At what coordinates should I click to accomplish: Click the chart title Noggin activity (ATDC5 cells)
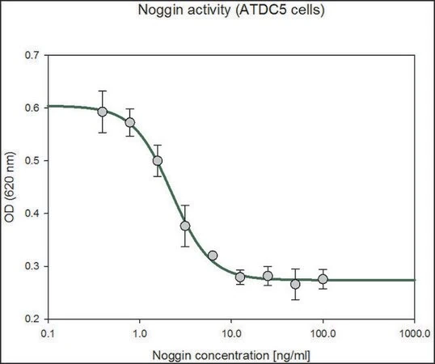tap(231, 10)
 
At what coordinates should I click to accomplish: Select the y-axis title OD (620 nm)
tap(10, 187)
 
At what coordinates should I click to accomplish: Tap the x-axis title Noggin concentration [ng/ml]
tap(231, 355)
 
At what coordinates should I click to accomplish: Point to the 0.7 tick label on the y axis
tap(32, 55)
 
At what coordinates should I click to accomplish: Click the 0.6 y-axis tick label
tap(32, 108)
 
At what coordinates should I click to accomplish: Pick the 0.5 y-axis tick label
tap(32, 161)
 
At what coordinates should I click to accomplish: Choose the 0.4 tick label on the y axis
tap(32, 214)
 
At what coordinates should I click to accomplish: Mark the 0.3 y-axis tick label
tap(32, 266)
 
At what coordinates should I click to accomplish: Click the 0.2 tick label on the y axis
tap(32, 319)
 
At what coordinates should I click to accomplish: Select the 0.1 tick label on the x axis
tap(49, 333)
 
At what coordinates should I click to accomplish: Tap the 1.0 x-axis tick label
tap(140, 333)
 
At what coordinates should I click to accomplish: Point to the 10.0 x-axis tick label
tap(231, 333)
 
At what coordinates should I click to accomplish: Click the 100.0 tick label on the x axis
tap(323, 333)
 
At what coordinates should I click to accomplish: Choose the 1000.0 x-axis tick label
tap(415, 333)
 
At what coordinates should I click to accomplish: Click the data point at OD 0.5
tap(158, 161)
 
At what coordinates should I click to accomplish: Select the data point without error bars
tap(213, 256)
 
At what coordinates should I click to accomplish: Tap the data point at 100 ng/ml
tap(323, 279)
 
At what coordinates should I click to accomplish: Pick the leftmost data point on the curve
tap(103, 112)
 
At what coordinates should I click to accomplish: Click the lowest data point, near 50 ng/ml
tap(295, 285)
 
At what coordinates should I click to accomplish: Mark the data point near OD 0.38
tap(185, 226)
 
